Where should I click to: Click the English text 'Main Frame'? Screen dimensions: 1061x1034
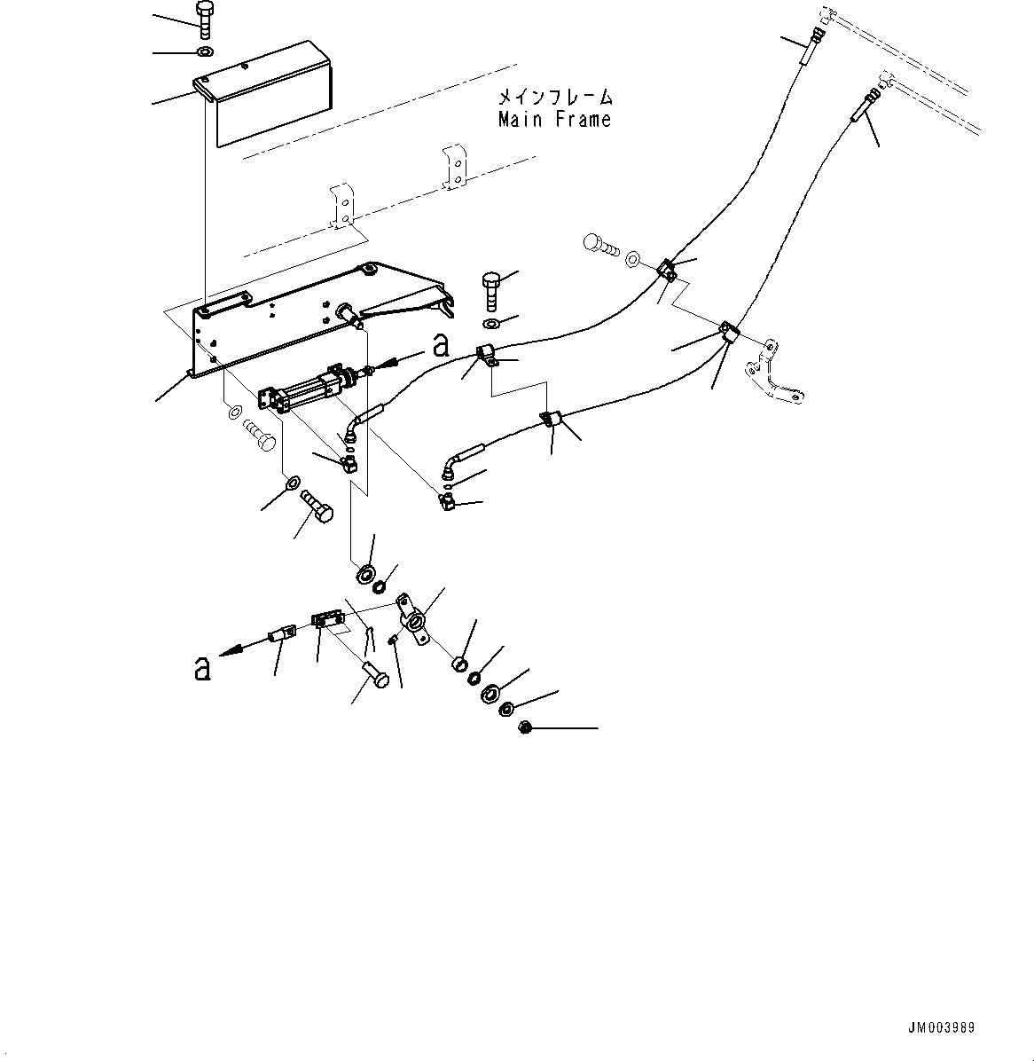pos(554,119)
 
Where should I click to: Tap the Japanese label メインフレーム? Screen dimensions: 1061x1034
pos(554,97)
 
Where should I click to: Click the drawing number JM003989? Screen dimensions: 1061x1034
pos(941,1027)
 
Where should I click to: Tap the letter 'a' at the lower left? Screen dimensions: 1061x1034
pos(202,668)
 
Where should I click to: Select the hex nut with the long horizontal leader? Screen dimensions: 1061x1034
pos(524,727)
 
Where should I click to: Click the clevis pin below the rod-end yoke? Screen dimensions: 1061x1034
pos(376,675)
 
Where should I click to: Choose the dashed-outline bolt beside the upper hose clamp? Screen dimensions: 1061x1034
pos(599,244)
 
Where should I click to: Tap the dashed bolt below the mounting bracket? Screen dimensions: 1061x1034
pos(259,436)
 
